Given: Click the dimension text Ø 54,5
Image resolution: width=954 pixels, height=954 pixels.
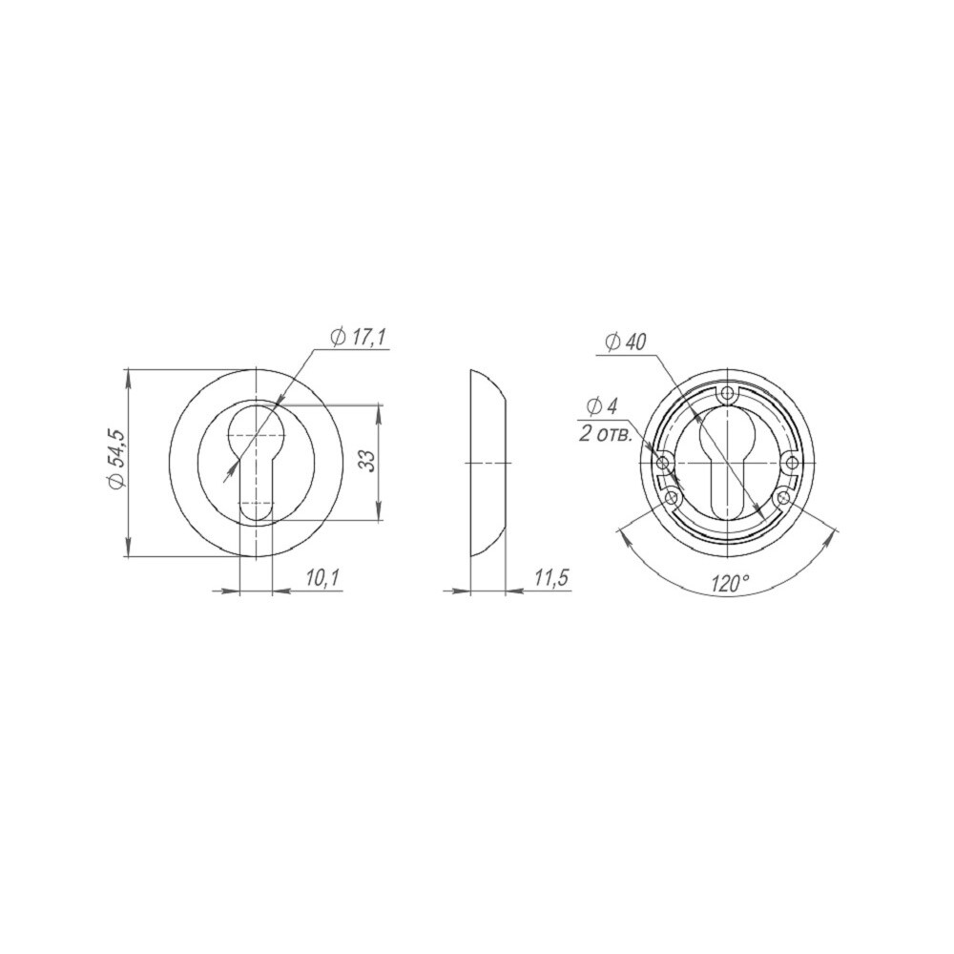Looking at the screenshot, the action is (116, 459).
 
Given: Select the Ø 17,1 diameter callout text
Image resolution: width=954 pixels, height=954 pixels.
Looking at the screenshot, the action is (359, 337).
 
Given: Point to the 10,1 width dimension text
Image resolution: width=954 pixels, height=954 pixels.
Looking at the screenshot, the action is (322, 579).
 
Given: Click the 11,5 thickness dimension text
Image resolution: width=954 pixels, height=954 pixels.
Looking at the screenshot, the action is (551, 579).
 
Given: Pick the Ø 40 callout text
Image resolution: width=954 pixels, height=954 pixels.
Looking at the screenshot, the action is (626, 343).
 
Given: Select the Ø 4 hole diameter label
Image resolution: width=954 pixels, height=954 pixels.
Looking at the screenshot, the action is (603, 406).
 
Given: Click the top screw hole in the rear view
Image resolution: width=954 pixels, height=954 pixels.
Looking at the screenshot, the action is (727, 394).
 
